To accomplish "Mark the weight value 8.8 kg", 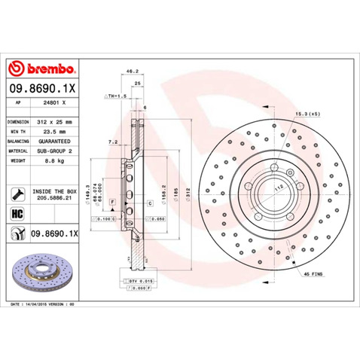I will (x=50, y=160).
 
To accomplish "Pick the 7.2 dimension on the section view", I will (x=113, y=141).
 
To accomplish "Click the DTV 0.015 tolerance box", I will (x=140, y=279).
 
